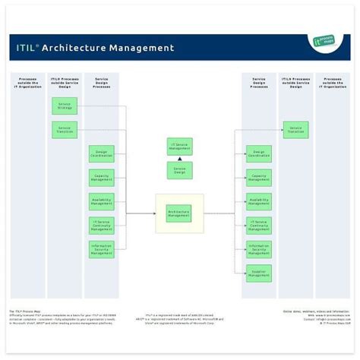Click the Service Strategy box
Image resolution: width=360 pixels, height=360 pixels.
65,106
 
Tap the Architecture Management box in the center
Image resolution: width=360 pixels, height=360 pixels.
179,213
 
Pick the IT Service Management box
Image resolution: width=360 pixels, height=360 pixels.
180,146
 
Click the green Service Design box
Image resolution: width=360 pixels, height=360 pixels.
180,170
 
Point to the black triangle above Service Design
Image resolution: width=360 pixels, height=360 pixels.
180,158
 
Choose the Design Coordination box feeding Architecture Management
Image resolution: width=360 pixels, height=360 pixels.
102,153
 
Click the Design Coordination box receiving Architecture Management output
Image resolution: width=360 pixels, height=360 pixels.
259,153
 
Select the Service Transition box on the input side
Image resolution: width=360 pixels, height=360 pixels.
65,130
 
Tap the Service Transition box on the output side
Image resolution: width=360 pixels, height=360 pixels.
295,130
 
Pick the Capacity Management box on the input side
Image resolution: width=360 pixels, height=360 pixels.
102,178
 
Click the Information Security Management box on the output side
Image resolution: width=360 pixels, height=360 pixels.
259,249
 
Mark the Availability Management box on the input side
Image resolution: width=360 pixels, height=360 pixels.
102,201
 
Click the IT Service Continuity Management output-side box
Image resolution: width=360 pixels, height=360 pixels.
259,226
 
